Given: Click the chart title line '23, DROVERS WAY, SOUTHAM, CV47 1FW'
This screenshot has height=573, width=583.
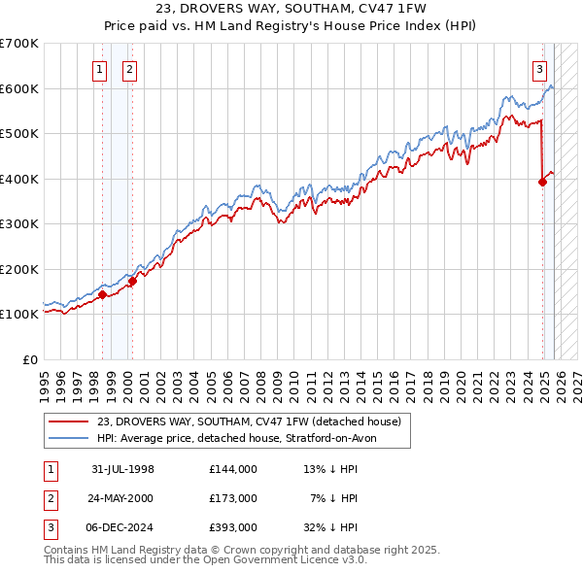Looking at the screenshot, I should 291,8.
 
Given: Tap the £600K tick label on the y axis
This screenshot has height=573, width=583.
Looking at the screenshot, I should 19,88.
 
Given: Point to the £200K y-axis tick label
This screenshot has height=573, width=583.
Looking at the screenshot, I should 19,269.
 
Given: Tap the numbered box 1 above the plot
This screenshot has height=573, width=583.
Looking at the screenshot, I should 101,69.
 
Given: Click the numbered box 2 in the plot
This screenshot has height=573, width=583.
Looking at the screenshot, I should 129,69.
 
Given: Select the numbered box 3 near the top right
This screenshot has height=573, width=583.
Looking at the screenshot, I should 539,69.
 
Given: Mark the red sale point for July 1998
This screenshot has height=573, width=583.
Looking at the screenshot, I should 102,294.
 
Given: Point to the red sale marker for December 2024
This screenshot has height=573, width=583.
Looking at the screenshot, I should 542,182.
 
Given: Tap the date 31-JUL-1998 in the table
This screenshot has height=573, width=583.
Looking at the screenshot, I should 122,469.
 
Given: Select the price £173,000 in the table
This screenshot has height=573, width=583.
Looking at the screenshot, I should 232,498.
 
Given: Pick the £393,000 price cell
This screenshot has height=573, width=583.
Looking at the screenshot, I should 232,527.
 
